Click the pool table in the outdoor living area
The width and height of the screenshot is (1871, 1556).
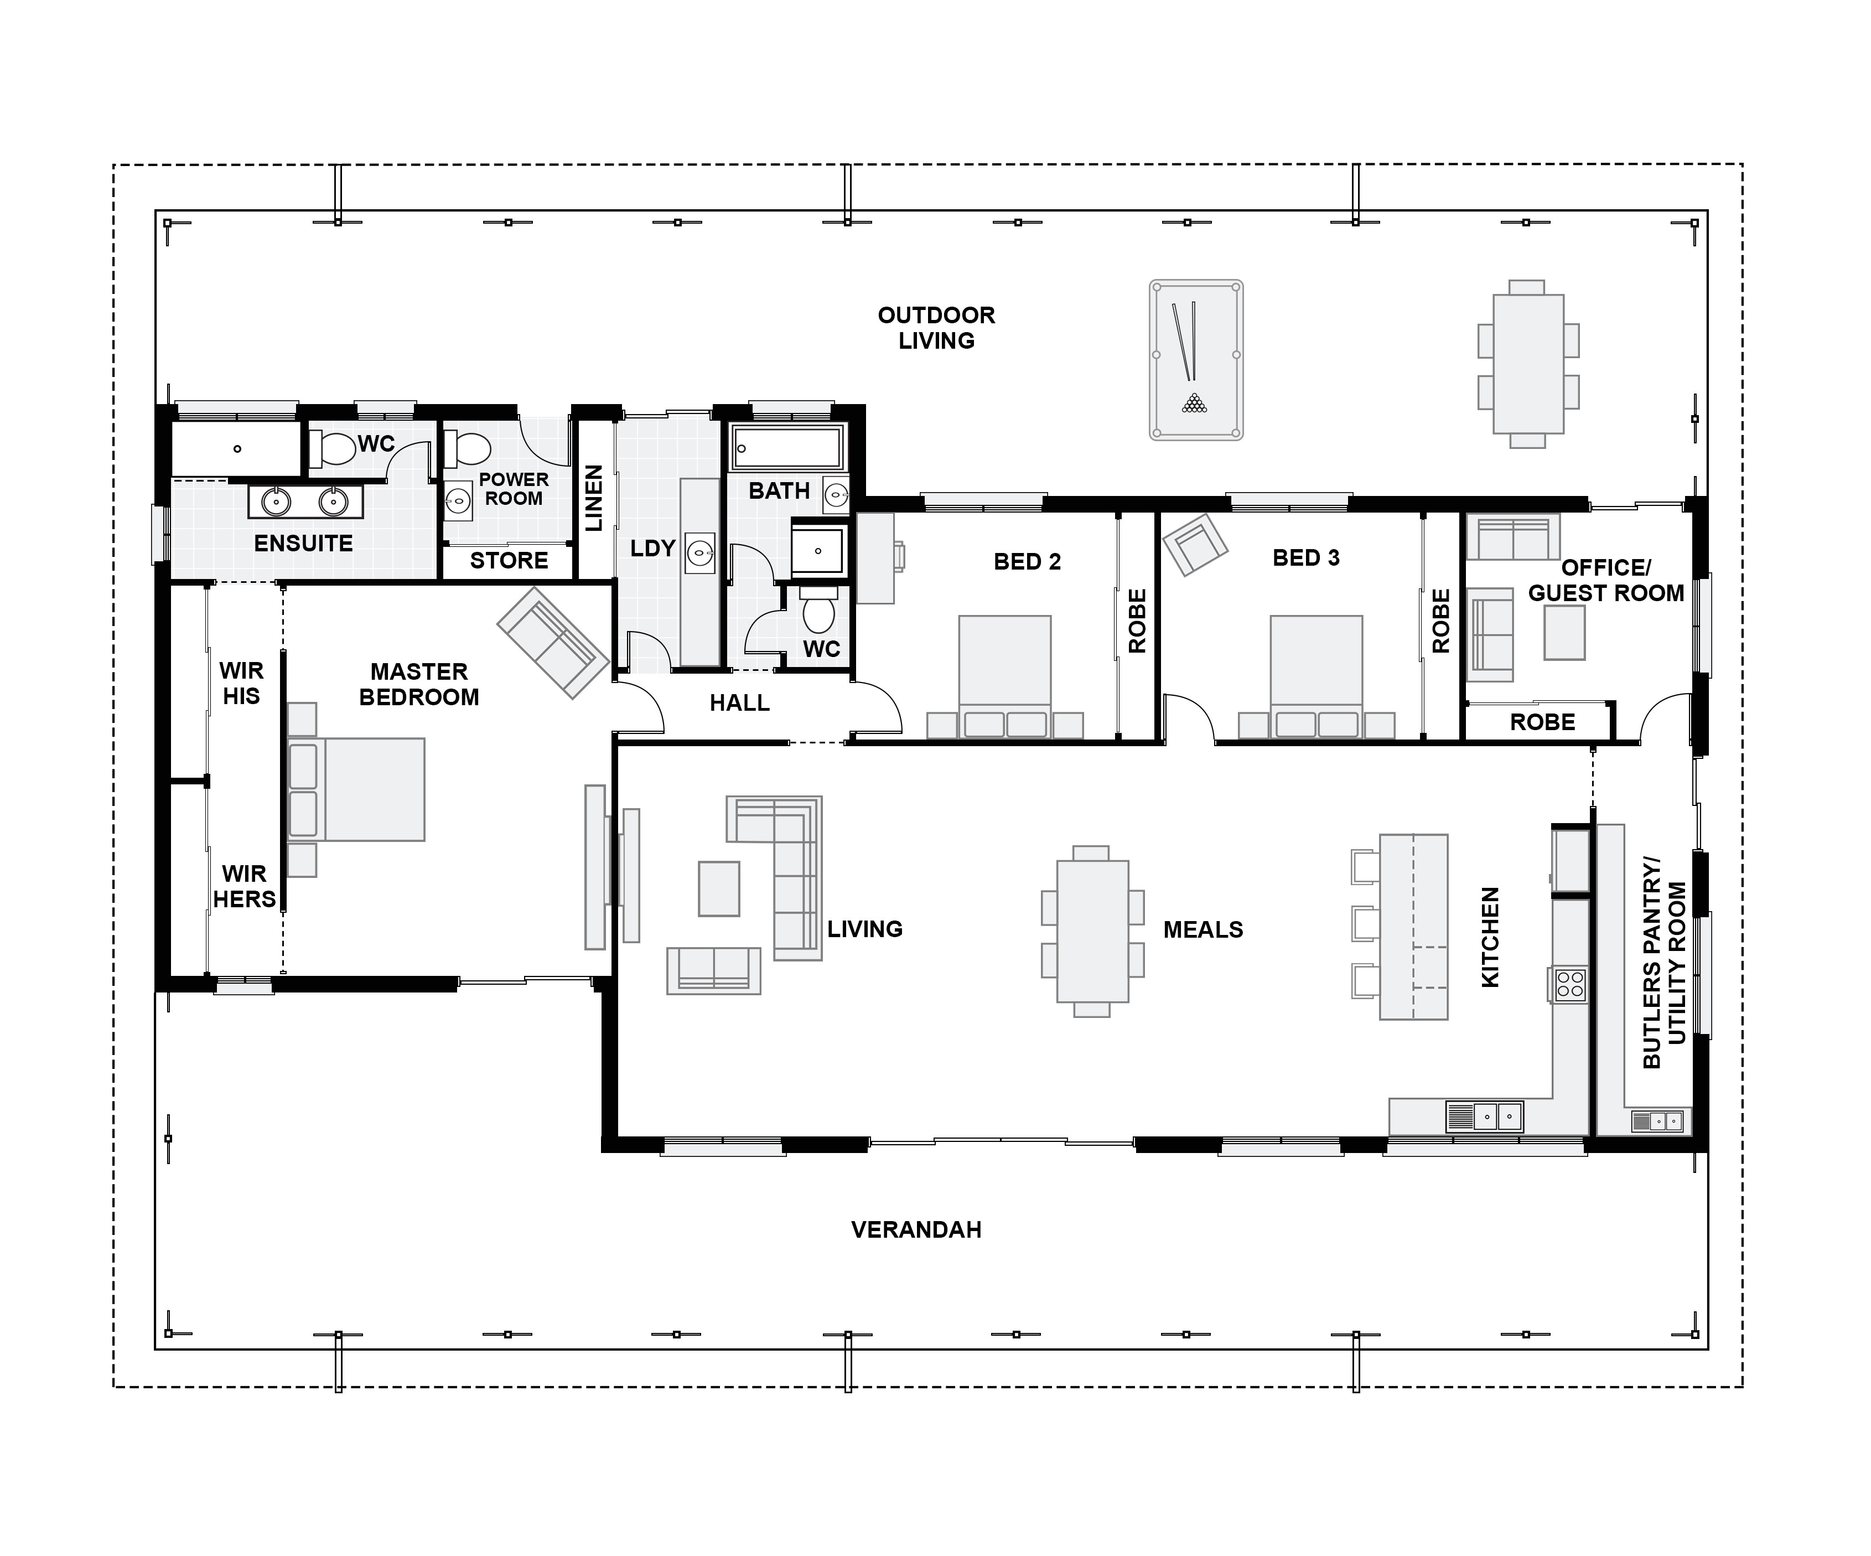pos(1196,360)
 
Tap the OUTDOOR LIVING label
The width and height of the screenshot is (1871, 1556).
pos(936,328)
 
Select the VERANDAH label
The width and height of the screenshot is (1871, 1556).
pos(916,1230)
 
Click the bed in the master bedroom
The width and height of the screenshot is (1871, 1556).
pos(356,789)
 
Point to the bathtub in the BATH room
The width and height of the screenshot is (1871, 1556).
pos(787,447)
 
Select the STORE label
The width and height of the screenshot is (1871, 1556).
pos(509,561)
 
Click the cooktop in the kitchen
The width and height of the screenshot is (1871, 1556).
pos(1570,985)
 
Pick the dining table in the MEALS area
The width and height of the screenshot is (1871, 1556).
pos(1092,931)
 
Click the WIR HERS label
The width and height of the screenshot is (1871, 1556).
pos(244,887)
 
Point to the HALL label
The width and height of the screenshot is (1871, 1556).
pos(739,703)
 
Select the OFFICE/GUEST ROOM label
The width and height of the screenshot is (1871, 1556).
pos(1606,580)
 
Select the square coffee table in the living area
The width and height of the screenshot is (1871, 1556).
pos(719,888)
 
